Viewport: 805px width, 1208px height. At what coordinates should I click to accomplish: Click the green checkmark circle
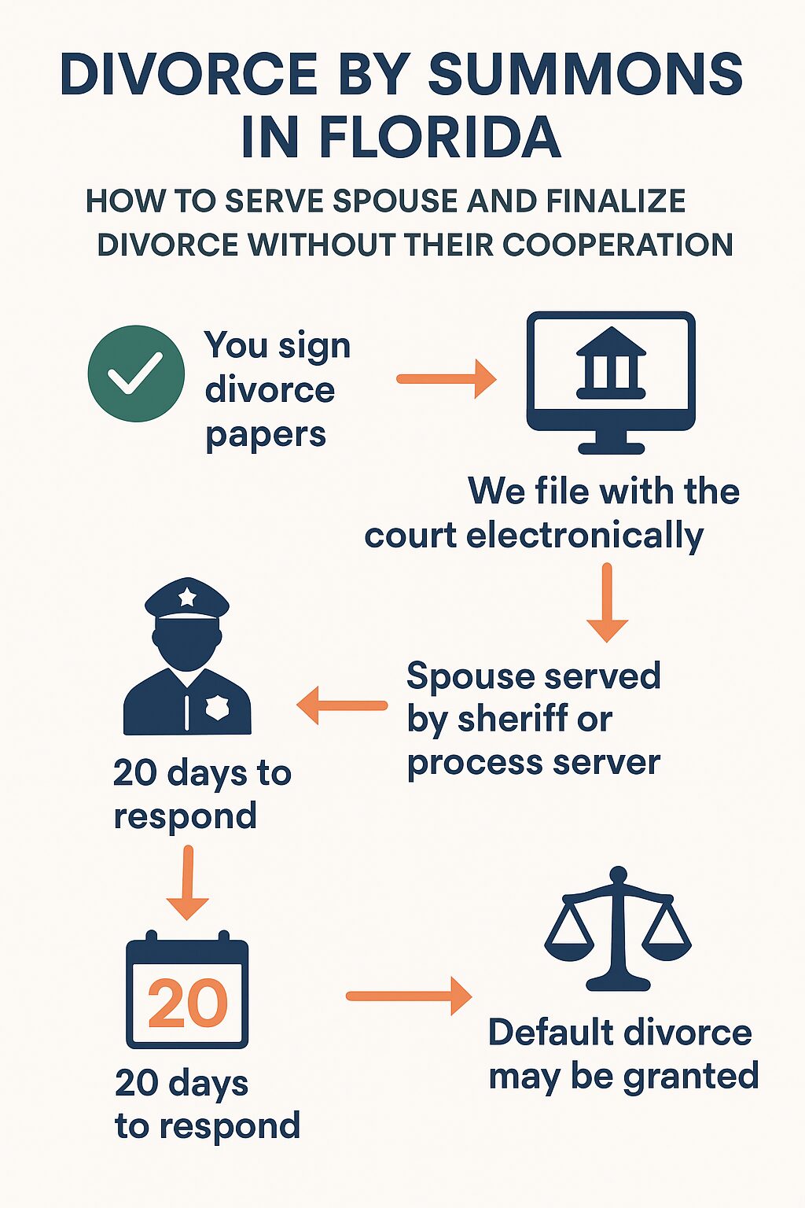[x=136, y=374]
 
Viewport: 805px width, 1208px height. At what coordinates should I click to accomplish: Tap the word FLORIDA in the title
[x=439, y=138]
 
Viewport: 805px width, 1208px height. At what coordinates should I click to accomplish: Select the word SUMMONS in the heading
[x=585, y=75]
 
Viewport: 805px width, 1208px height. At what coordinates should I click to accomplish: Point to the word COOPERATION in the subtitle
[x=617, y=245]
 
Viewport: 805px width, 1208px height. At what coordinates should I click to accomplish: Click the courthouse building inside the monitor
[x=611, y=363]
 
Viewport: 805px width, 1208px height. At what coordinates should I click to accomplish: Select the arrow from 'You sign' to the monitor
[x=446, y=379]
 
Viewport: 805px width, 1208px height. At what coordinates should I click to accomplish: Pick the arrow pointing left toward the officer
[x=342, y=705]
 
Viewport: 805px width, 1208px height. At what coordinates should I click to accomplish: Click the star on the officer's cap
[x=187, y=597]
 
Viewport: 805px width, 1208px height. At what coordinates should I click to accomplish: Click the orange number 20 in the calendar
[x=187, y=1004]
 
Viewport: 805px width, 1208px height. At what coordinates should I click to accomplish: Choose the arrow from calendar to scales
[x=409, y=996]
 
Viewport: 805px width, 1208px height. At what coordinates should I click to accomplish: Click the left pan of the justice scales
[x=570, y=941]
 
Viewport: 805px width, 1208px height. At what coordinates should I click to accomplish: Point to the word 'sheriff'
[x=524, y=719]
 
